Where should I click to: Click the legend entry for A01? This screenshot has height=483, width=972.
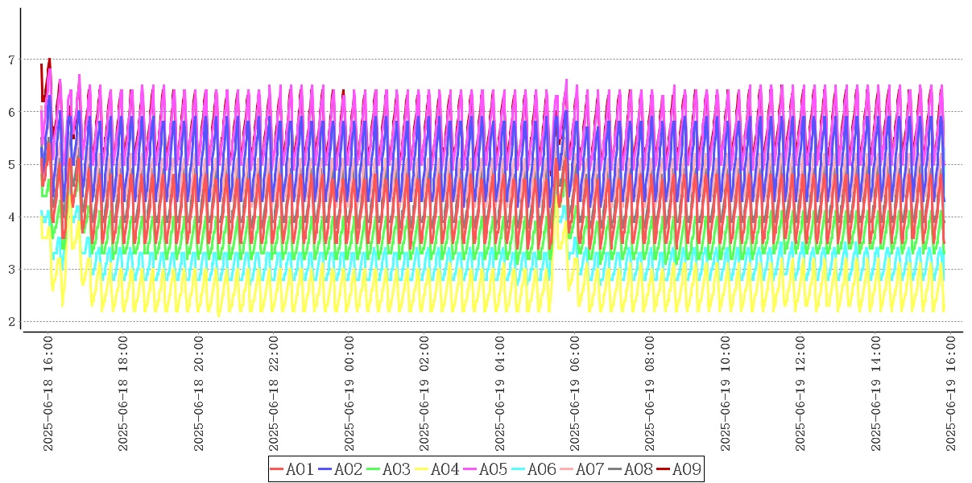click(292, 469)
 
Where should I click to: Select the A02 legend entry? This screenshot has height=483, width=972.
click(341, 469)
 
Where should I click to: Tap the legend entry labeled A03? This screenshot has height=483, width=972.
click(389, 469)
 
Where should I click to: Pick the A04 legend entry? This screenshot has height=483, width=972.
click(437, 469)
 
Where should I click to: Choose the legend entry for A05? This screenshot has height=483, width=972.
click(486, 469)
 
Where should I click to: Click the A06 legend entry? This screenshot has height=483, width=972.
click(534, 469)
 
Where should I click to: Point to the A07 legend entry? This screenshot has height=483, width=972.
click(582, 469)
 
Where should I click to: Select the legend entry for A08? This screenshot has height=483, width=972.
click(631, 469)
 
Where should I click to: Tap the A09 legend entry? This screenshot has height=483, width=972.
click(679, 469)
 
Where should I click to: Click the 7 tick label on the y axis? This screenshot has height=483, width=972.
click(11, 60)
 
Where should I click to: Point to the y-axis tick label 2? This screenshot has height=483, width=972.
click(11, 322)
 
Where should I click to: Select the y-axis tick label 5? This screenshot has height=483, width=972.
click(11, 164)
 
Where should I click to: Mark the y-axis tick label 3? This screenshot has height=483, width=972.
click(11, 270)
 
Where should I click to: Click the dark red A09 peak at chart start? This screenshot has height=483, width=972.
click(49, 59)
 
